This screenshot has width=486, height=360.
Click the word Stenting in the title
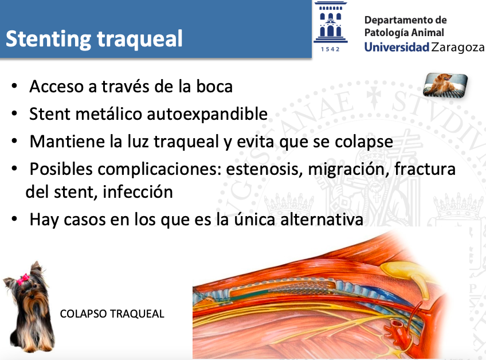tap(48, 40)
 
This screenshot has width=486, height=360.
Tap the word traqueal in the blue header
tap(139, 39)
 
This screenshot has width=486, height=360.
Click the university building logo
tap(331, 22)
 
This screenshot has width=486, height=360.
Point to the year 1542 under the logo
tap(330, 49)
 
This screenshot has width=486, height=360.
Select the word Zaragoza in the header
tap(458, 48)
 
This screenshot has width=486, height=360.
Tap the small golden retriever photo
tap(445, 84)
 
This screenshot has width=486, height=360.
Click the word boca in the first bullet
tap(214, 86)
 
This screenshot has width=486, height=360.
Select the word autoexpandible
tap(207, 114)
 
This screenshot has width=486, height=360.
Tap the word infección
tap(138, 191)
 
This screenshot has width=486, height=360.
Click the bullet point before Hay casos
tap(14, 219)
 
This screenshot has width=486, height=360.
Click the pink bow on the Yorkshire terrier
tap(23, 279)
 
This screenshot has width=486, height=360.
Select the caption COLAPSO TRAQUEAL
tap(112, 314)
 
